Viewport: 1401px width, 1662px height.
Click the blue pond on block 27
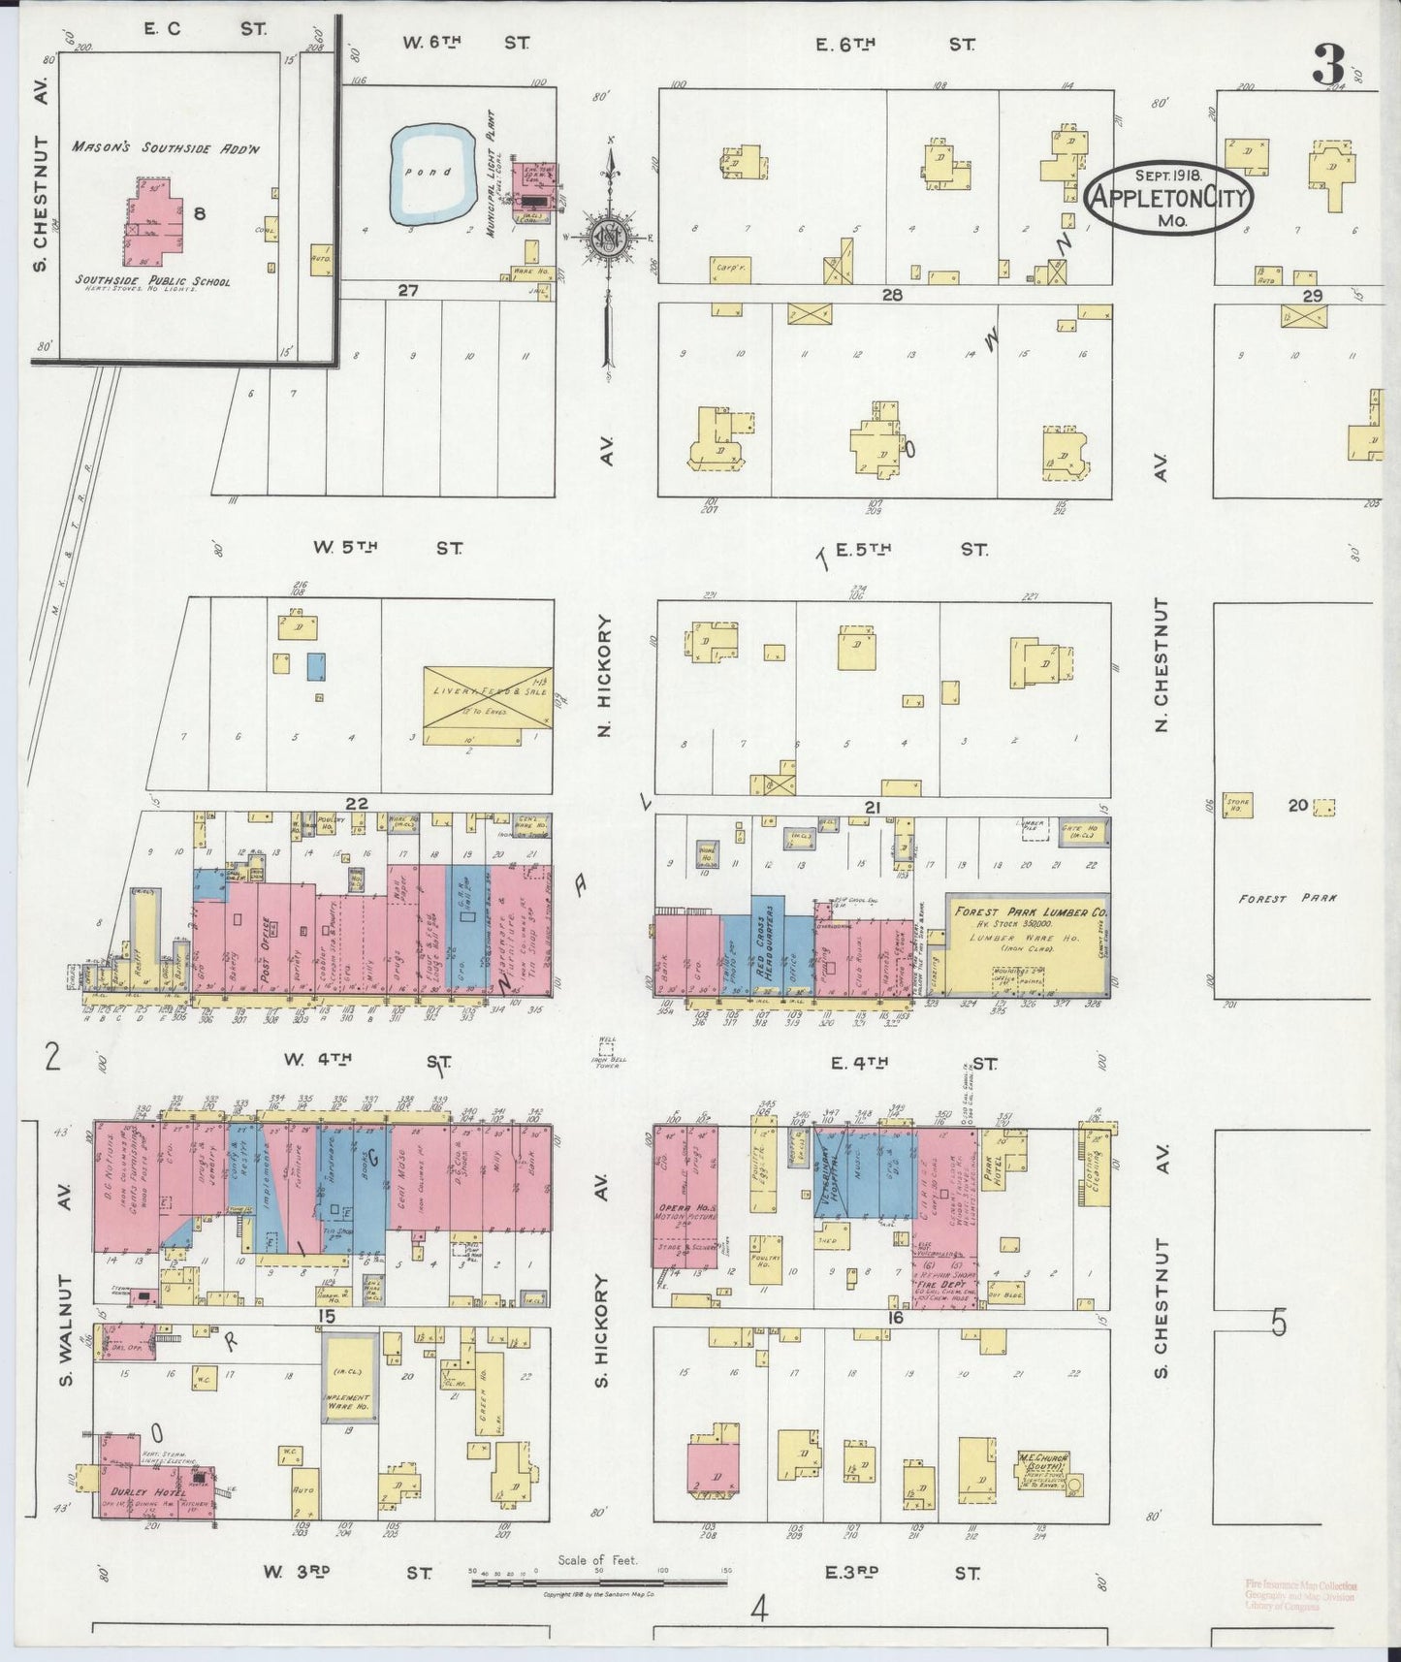click(432, 173)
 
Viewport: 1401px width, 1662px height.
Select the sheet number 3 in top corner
click(1329, 65)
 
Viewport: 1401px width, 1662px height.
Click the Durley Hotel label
click(134, 1492)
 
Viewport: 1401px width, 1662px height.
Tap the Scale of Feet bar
click(599, 1582)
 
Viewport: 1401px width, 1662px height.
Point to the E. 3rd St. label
click(901, 1573)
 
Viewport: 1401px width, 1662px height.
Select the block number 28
click(891, 295)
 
